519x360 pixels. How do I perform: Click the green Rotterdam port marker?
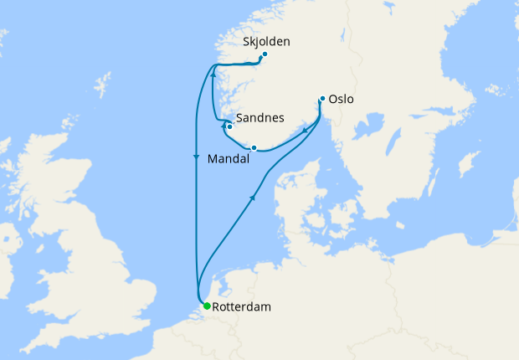207,306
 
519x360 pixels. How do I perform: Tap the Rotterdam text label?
242,307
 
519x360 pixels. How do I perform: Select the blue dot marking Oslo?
322,99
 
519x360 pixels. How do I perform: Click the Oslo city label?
342,99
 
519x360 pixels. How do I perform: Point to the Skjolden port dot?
265,55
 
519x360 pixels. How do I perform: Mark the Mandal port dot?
254,147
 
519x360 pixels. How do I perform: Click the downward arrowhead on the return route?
196,157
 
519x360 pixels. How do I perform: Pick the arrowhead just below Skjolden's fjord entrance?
213,73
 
